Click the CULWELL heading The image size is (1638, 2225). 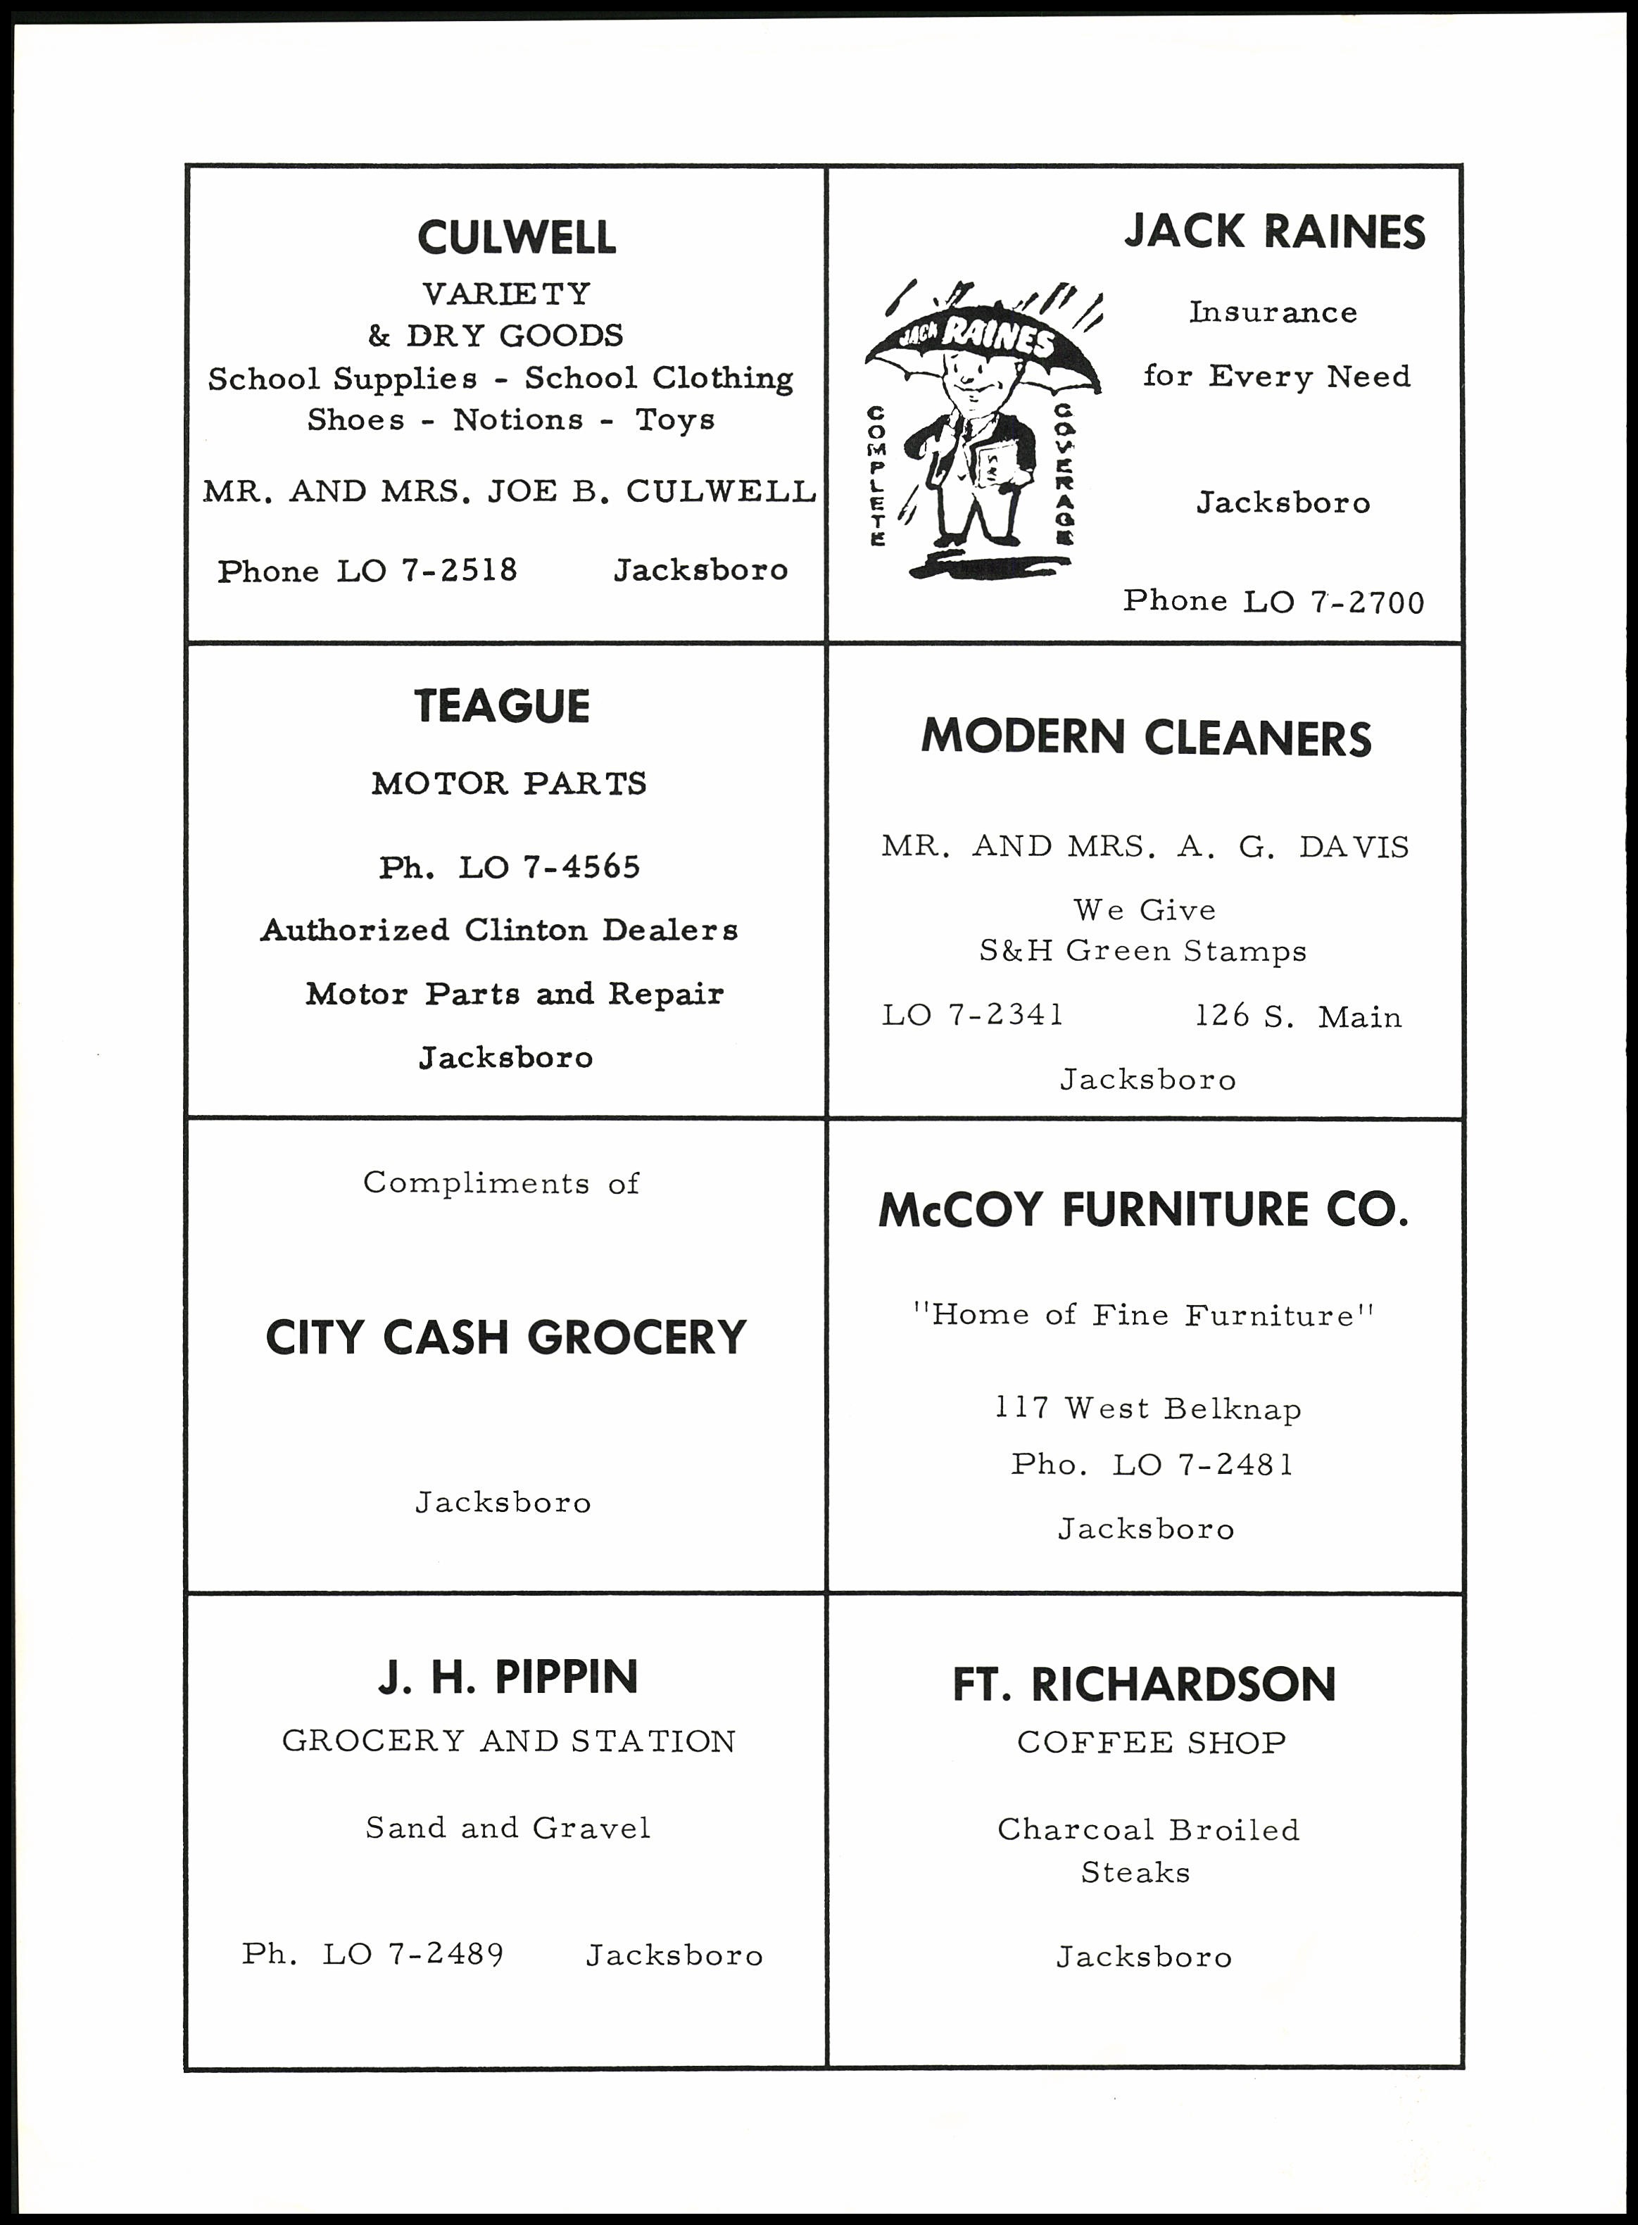517,238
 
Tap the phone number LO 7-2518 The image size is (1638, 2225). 427,571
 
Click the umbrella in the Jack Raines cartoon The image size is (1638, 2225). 983,343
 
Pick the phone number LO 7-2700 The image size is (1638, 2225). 1333,602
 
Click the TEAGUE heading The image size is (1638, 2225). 502,707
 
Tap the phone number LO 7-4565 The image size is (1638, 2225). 548,868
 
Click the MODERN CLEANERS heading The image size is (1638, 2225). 1146,738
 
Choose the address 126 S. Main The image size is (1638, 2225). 1298,1016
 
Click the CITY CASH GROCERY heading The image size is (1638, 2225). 505,1337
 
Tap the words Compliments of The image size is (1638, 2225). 500,1183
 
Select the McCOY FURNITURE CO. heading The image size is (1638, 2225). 1143,1211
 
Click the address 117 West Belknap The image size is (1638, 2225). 1148,1409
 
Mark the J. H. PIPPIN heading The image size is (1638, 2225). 508,1677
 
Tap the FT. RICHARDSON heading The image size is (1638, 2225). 1145,1684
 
